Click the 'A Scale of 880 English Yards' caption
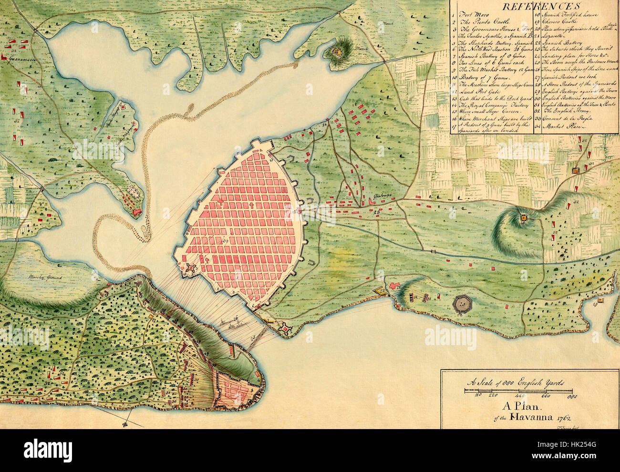(x=516, y=382)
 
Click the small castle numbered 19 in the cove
(x=600, y=299)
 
